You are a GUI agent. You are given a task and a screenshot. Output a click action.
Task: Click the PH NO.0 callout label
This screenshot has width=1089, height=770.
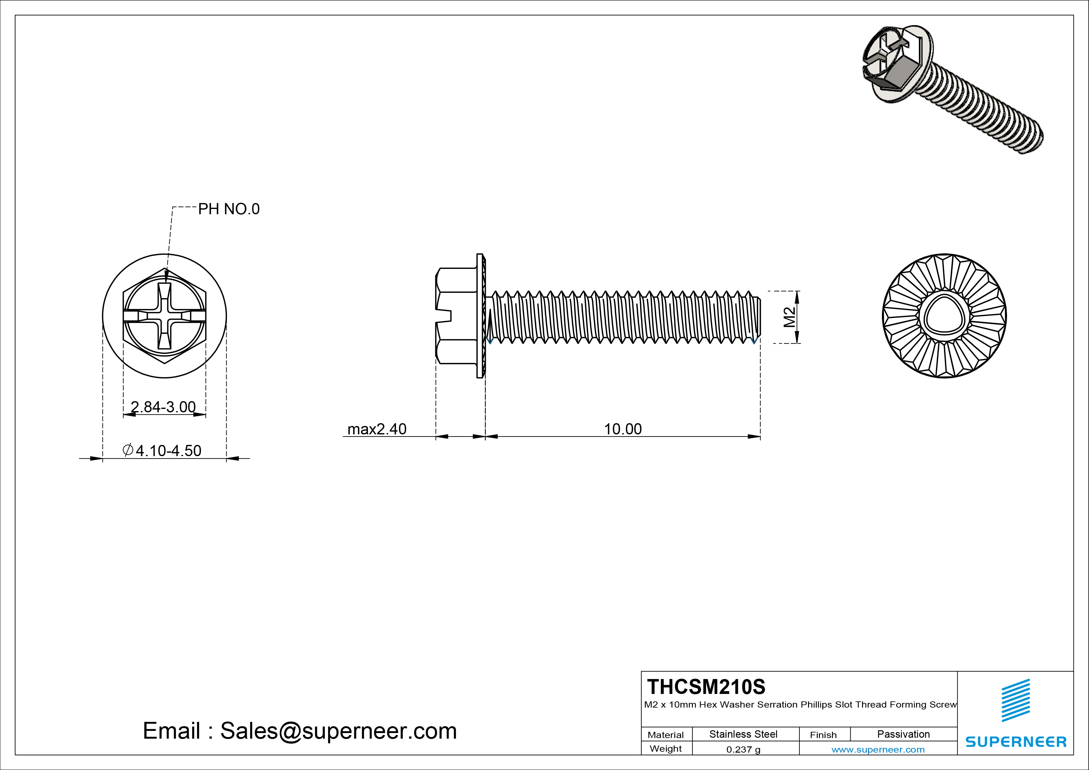[228, 209]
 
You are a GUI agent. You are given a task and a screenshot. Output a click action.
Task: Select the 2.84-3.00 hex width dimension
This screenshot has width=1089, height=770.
[163, 407]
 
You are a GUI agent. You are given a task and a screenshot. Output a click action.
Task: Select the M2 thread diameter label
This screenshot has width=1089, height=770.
[789, 317]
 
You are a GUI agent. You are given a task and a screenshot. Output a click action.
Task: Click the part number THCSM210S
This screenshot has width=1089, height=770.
[706, 686]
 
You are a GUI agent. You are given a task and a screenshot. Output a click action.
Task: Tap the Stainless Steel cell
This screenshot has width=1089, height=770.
[743, 734]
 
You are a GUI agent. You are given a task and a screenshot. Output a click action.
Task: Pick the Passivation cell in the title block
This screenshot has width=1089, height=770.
[903, 734]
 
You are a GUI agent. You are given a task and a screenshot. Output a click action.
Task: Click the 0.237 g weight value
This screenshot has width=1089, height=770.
[743, 750]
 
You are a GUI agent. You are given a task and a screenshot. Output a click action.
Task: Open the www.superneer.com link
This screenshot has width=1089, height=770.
[878, 750]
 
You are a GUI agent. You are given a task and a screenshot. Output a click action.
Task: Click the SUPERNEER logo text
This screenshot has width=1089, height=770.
[1015, 741]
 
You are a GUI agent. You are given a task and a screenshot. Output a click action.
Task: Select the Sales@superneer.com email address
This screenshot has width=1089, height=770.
[338, 731]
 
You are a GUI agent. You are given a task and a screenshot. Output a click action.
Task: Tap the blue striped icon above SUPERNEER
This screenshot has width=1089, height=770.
[1015, 700]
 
